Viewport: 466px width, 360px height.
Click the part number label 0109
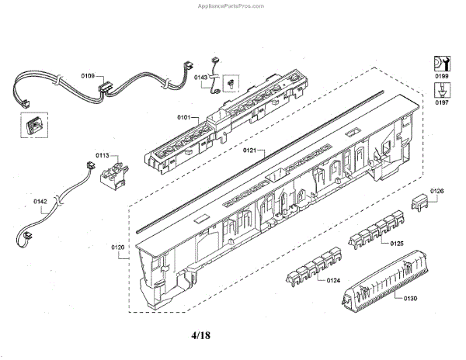(88, 76)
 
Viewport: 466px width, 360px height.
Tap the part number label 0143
(200, 78)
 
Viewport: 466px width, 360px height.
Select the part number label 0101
(184, 118)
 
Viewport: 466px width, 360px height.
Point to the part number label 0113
(103, 156)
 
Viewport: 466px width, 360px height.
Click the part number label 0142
(40, 202)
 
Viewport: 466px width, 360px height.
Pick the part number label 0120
(118, 247)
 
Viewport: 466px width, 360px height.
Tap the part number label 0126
(437, 191)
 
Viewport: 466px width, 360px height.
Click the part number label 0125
(397, 244)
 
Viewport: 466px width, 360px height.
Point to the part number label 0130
(410, 298)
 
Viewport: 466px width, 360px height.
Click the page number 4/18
(200, 335)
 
